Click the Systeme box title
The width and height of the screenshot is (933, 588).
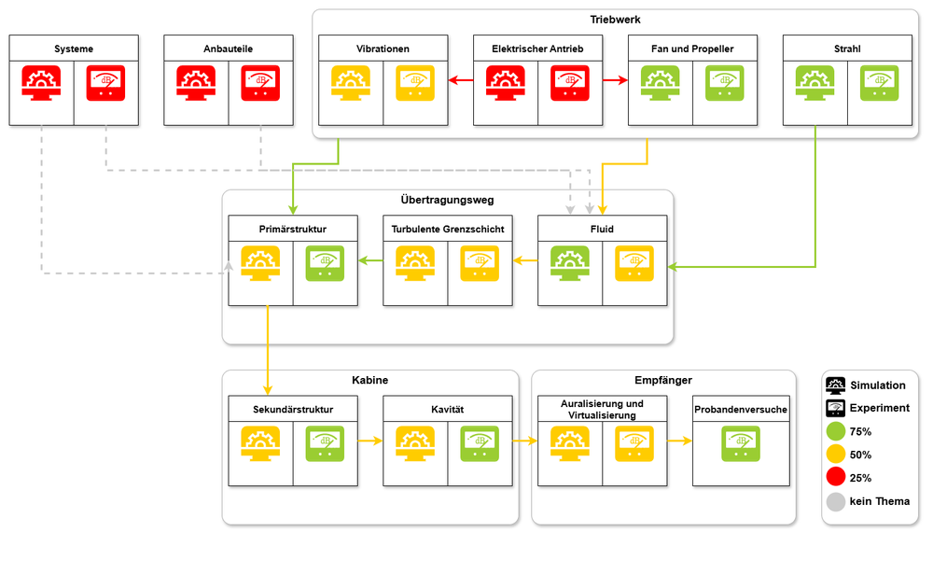(73, 49)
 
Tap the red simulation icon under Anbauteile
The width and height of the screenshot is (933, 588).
(196, 83)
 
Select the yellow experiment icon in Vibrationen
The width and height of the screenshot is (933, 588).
(415, 83)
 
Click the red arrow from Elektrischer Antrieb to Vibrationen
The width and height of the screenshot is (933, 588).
(461, 79)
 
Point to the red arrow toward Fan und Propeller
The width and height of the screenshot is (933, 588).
(615, 79)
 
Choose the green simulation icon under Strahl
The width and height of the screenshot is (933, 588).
(815, 83)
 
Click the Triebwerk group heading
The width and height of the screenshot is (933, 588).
(615, 20)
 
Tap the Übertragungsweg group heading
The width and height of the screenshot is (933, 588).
(448, 200)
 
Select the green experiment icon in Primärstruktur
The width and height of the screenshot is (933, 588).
(325, 263)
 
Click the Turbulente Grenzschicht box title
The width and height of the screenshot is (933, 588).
(448, 229)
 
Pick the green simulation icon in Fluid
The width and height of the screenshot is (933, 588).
(570, 263)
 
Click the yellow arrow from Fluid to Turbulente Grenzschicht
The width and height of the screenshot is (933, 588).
(525, 260)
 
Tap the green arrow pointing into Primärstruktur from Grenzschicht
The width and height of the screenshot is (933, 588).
(370, 260)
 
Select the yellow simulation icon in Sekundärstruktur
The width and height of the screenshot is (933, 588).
(260, 443)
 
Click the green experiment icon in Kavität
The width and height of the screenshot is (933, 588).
(480, 443)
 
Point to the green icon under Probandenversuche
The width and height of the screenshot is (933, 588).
(741, 443)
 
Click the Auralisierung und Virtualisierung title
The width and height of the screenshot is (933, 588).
(602, 410)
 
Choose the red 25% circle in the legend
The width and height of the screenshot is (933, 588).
(836, 477)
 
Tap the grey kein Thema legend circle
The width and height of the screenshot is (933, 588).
(836, 502)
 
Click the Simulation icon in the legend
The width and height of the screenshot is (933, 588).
(835, 385)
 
